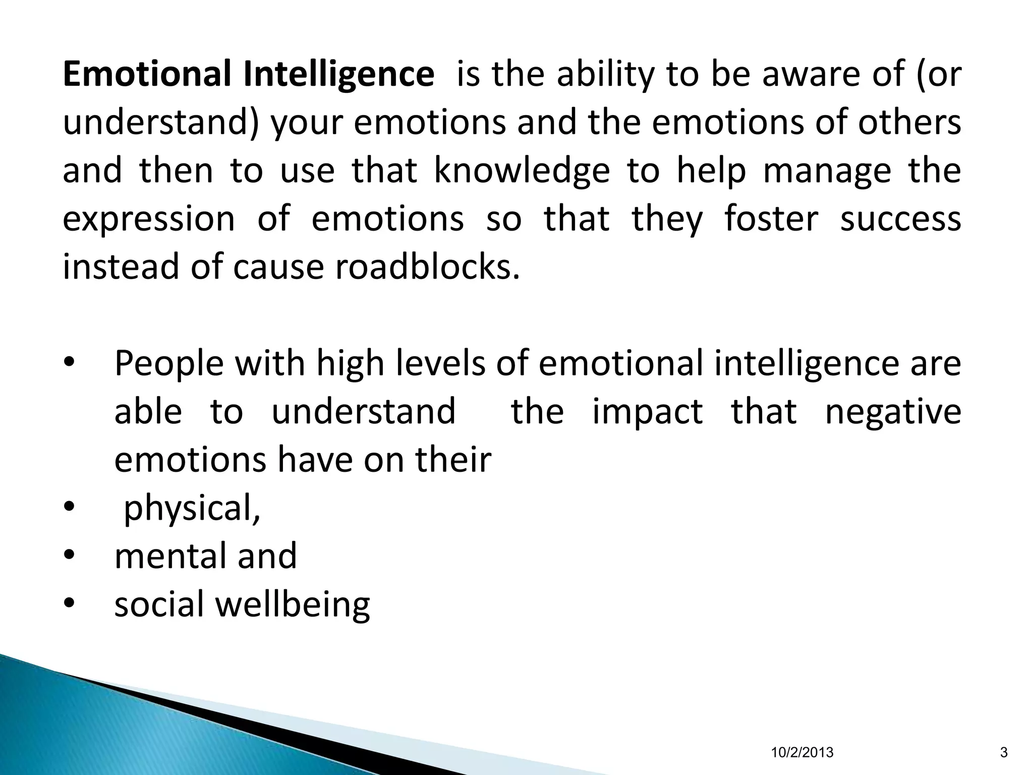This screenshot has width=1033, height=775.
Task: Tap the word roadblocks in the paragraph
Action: coord(427,266)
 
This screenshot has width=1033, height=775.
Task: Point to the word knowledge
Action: coord(522,171)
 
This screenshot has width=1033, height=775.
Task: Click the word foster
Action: coord(771,218)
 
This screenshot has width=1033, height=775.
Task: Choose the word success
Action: coord(900,218)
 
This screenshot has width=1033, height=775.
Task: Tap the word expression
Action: coord(149,219)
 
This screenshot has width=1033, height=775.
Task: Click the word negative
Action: coord(893,412)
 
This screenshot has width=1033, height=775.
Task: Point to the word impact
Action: coord(647,412)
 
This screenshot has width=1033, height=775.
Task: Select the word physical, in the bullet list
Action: coord(192,509)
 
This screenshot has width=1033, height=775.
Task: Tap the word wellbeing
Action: coord(293,604)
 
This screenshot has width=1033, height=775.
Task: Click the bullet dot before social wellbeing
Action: coord(69,603)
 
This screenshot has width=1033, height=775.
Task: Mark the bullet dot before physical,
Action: coord(69,507)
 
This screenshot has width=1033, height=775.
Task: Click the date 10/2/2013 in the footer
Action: coord(802,753)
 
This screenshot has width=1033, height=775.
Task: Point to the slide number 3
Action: coord(1003,753)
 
